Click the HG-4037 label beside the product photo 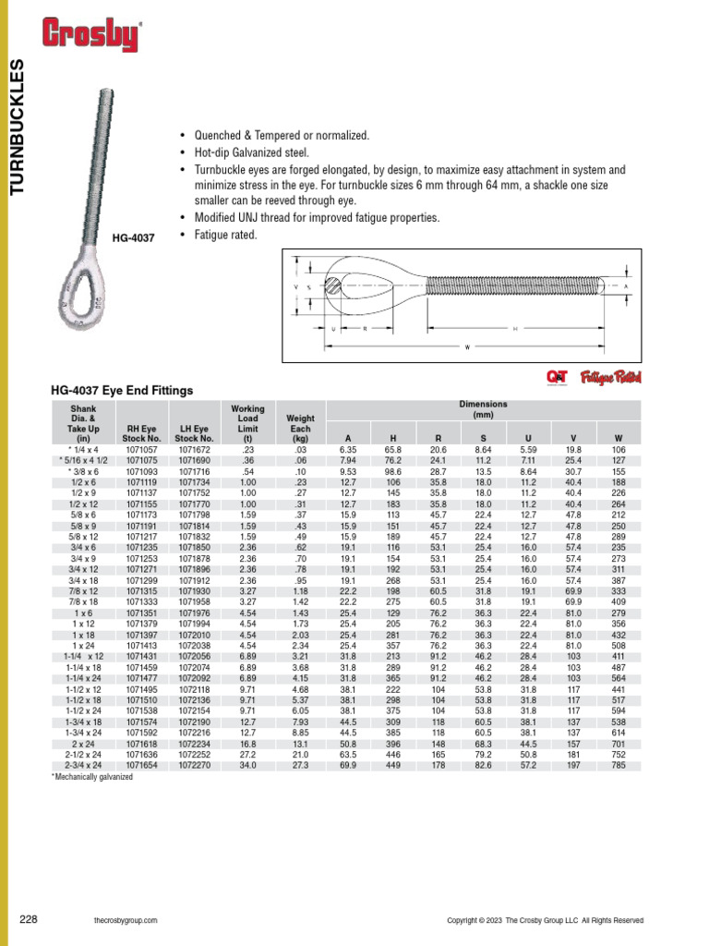pos(133,237)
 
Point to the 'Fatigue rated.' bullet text pos(225,236)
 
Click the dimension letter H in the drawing pos(515,328)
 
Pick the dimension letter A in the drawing pos(626,286)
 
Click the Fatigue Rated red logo pos(610,377)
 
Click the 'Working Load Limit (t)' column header pos(247,423)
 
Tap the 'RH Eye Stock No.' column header pos(141,433)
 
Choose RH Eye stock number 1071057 pos(141,449)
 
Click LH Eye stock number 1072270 pos(194,766)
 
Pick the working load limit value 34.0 pos(247,766)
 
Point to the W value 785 pos(618,766)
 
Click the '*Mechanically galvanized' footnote pos(91,778)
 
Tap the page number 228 pos(29,919)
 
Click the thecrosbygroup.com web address pos(126,920)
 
